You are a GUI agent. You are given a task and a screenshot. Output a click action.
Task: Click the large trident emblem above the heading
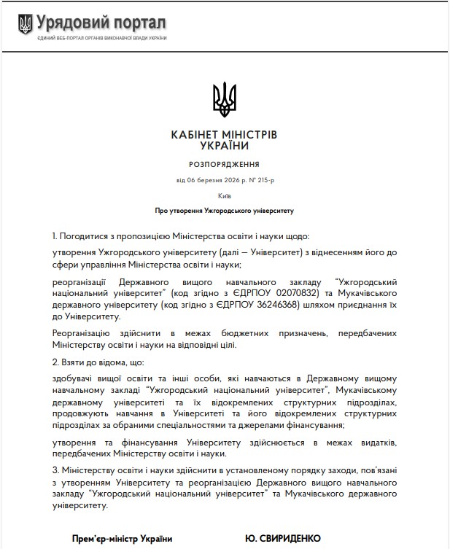pos(224,99)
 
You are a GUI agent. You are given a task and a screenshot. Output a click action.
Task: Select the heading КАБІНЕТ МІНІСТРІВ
pos(224,135)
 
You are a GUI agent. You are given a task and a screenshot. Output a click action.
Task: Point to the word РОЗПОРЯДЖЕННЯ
pos(224,165)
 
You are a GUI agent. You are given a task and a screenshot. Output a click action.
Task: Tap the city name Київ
pos(224,196)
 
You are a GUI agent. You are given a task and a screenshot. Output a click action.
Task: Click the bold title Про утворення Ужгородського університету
pos(224,211)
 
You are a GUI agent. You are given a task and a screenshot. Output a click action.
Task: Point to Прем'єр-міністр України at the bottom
pos(122,539)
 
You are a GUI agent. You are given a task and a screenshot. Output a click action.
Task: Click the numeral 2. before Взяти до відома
pos(56,362)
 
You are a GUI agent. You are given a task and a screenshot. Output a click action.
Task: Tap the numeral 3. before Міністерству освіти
pos(56,470)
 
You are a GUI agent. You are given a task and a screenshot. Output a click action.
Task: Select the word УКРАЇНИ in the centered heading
pos(224,147)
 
